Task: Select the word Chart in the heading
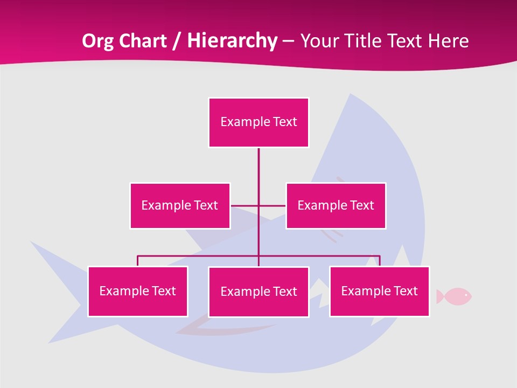tap(141, 41)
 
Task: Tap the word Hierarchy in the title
tap(232, 41)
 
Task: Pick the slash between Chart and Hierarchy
tap(177, 41)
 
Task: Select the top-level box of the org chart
tap(258, 122)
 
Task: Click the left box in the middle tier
tap(180, 206)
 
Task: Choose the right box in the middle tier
tap(336, 206)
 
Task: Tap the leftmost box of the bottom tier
tap(138, 292)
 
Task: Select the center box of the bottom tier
tap(258, 292)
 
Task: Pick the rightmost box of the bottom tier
tap(380, 292)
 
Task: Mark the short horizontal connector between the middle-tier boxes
tap(272, 205)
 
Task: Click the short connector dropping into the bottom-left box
tap(138, 261)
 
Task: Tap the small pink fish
tap(456, 296)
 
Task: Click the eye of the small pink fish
tap(466, 295)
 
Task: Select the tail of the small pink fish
tap(440, 296)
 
